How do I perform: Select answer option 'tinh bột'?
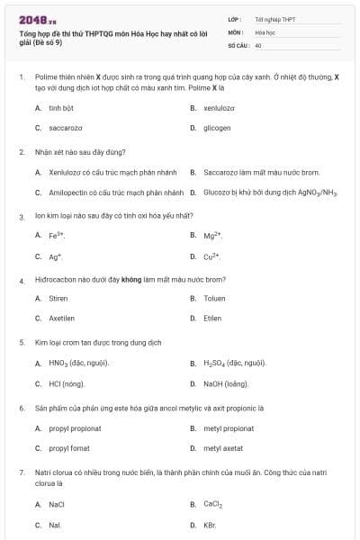(x=60, y=108)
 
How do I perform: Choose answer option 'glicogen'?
(x=217, y=128)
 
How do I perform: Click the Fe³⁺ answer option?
(x=57, y=236)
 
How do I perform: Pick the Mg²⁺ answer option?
(x=212, y=236)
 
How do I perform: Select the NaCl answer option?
(x=57, y=505)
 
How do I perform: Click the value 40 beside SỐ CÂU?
(x=258, y=44)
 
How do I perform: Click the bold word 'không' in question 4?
(x=132, y=280)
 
